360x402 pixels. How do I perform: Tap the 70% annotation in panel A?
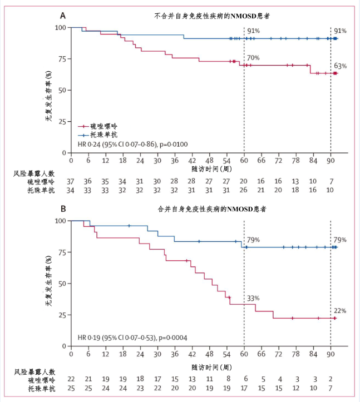(253, 58)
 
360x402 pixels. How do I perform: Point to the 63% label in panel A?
(340, 66)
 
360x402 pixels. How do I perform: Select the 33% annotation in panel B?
(253, 299)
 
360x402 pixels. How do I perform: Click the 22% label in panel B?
(340, 311)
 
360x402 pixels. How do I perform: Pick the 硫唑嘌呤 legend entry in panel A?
(98, 127)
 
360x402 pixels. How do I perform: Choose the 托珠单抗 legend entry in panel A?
(98, 135)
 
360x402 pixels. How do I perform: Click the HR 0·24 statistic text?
(133, 145)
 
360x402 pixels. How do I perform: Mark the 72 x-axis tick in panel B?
(278, 354)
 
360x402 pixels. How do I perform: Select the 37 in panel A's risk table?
(71, 181)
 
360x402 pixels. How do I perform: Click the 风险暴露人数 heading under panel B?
(34, 371)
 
